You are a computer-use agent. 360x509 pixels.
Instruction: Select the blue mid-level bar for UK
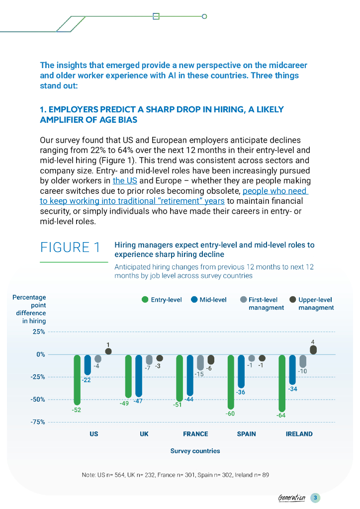139,376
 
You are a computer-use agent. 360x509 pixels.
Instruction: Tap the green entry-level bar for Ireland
282,383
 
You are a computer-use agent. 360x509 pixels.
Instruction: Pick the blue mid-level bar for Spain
241,371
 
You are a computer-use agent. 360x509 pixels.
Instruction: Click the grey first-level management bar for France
200,362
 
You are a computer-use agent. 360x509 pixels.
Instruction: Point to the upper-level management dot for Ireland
313,350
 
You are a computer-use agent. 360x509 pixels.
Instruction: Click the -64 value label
281,415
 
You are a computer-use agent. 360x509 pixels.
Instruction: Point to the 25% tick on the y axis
39,332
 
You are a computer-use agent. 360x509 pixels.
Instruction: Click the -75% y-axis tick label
38,422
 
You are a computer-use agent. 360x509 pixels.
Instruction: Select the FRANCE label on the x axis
195,434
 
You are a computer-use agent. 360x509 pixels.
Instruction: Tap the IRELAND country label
299,434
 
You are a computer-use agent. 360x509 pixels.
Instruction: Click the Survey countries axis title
195,451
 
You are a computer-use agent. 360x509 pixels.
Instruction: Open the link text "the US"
125,180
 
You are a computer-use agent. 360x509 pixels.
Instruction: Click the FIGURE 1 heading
70,247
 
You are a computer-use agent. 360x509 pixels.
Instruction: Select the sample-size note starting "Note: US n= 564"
175,475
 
